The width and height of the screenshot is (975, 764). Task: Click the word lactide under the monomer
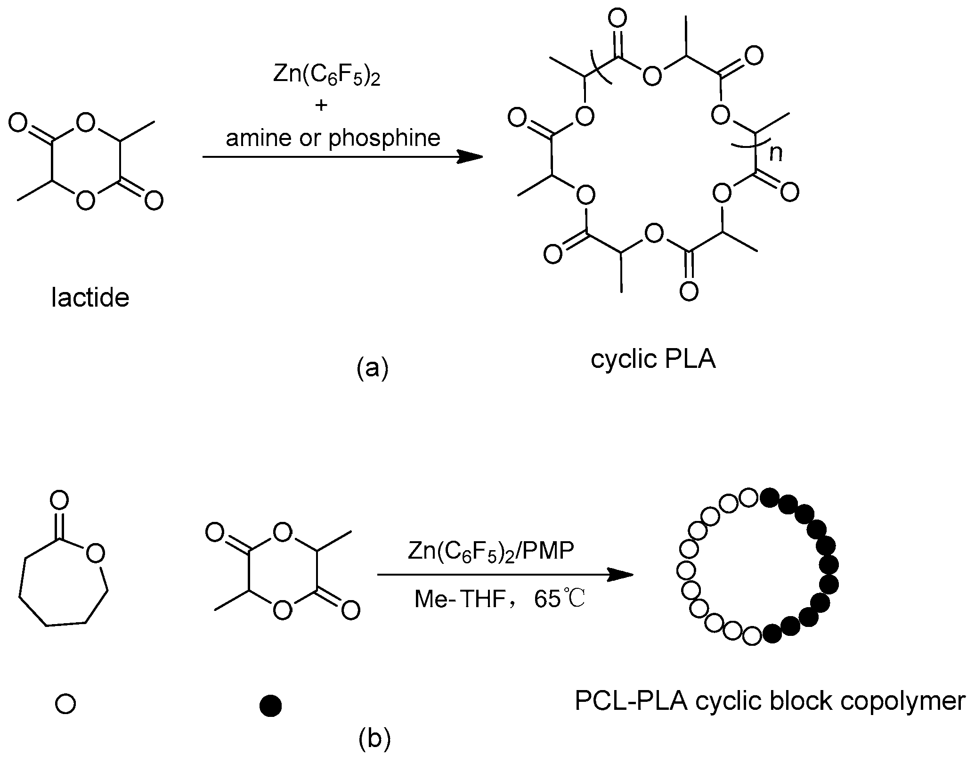pos(90,298)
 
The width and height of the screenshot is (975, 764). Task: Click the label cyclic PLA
pos(653,359)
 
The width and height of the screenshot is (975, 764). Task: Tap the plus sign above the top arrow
pos(321,105)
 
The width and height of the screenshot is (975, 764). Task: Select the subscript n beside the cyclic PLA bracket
pos(776,154)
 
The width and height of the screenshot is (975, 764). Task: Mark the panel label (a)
pos(373,368)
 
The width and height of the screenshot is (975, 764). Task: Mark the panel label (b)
pos(374,740)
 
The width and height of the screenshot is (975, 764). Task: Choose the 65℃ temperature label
pos(560,599)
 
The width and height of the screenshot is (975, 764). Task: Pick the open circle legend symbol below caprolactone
pos(65,704)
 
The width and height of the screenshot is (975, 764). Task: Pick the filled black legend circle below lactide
pos(270,706)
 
